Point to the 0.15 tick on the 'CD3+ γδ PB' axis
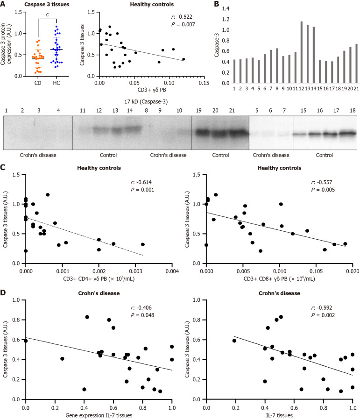point(204,83)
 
